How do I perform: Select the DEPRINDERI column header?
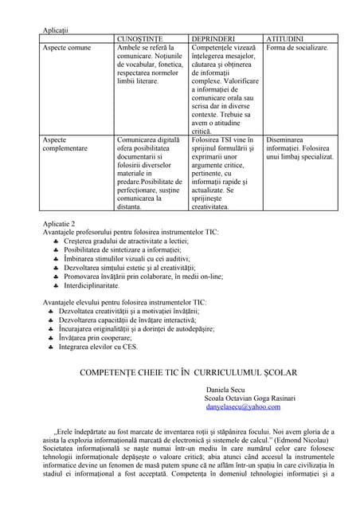coord(213,38)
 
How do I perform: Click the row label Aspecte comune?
coord(66,48)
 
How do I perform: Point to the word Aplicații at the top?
coord(55,29)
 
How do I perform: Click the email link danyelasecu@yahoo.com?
coord(243,407)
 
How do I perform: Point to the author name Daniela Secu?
coord(227,388)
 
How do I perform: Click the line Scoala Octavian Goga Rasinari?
coord(250,398)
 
